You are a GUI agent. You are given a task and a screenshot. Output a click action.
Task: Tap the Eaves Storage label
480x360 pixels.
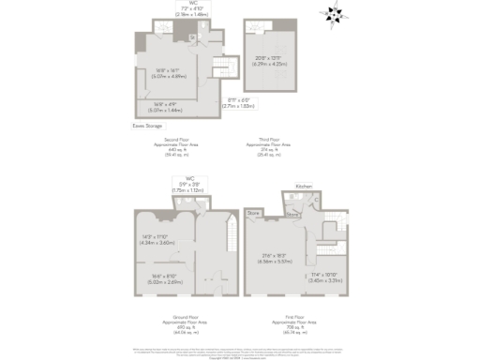coord(145,124)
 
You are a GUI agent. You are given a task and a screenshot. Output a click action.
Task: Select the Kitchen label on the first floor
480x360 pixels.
coord(304,187)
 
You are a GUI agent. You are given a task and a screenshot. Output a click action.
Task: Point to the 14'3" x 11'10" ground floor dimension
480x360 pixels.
coord(157,239)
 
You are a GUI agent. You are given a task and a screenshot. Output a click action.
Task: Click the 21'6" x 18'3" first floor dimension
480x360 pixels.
coord(277,258)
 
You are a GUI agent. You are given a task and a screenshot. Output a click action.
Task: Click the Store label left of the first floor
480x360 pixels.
coord(253,214)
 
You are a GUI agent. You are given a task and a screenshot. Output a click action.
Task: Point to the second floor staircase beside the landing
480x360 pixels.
coord(222,68)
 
